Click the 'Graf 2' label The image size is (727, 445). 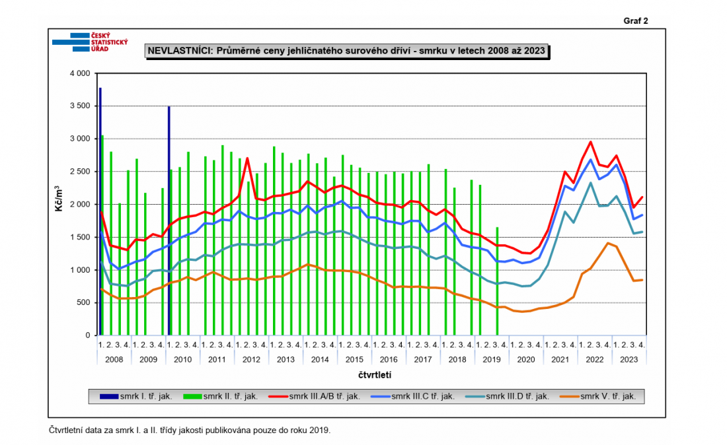pos(636,20)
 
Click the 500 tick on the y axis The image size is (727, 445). pos(82,303)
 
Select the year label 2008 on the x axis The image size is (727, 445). pos(114,359)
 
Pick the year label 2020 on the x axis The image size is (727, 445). pos(526,359)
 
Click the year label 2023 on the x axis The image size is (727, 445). pos(629,359)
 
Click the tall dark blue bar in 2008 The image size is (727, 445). pos(100,211)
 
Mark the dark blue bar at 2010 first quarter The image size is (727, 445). pos(169,221)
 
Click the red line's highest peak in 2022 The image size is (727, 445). pos(590,142)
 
